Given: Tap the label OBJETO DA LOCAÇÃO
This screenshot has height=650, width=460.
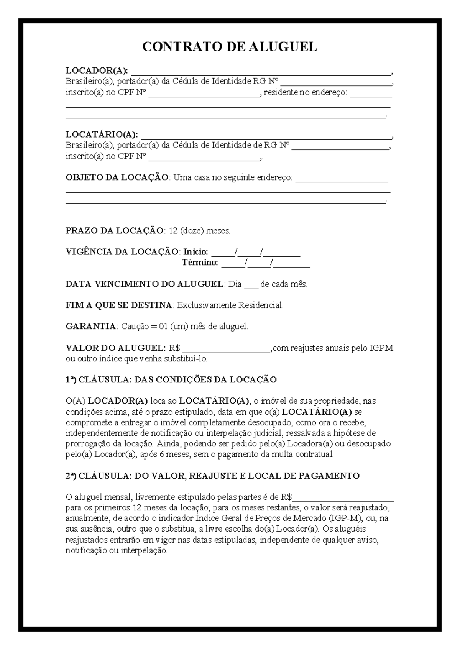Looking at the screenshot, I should pyautogui.click(x=117, y=177).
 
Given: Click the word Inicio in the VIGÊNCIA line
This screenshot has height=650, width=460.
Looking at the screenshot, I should pyautogui.click(x=195, y=252).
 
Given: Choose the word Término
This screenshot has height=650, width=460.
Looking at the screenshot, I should pyautogui.click(x=200, y=263).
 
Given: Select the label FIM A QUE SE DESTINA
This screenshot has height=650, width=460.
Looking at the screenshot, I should pyautogui.click(x=119, y=305).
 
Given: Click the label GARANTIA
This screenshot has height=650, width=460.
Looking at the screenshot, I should pyautogui.click(x=90, y=327).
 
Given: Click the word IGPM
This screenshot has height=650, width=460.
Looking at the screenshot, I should pyautogui.click(x=381, y=348).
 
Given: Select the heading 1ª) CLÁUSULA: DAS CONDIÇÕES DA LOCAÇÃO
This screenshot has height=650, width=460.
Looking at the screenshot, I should pyautogui.click(x=171, y=380).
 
